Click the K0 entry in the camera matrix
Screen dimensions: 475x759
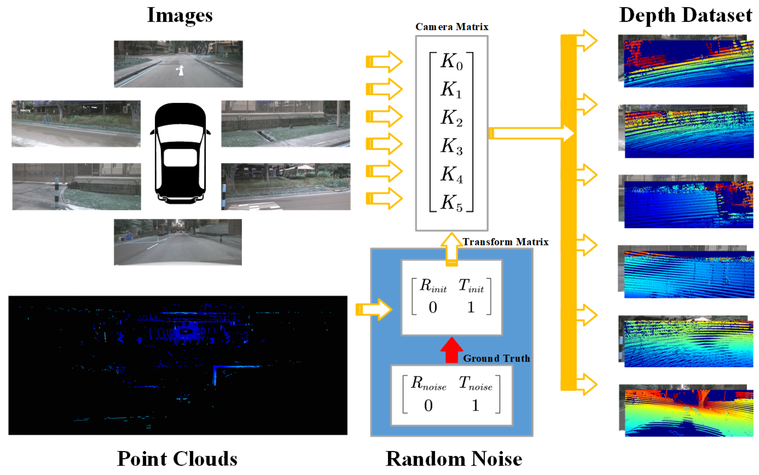click(451, 62)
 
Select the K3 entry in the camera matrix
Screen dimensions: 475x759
click(451, 146)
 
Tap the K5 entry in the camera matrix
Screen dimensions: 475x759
click(451, 203)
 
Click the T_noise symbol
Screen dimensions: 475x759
click(475, 383)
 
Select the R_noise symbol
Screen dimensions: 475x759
click(428, 383)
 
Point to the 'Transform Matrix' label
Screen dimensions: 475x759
click(505, 242)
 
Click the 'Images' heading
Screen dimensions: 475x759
click(179, 15)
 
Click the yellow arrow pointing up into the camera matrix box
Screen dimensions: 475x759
click(451, 248)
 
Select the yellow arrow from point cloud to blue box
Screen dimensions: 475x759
click(373, 309)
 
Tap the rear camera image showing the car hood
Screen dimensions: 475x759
click(178, 242)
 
